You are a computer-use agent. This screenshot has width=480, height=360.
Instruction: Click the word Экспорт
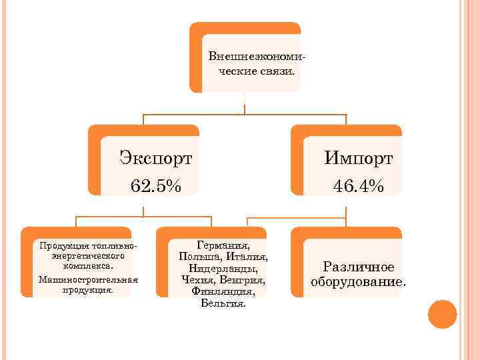(156, 159)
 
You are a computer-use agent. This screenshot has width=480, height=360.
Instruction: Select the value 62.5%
(156, 185)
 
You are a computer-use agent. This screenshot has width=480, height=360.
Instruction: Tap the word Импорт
(359, 159)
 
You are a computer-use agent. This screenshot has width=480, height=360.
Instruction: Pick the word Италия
(246, 257)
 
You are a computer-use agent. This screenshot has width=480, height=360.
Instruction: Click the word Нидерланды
(223, 268)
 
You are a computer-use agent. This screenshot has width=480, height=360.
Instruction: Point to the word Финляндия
(223, 291)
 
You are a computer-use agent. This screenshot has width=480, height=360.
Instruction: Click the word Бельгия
(223, 303)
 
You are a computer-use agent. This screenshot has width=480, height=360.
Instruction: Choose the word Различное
(359, 267)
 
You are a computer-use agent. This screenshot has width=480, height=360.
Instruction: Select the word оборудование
(357, 281)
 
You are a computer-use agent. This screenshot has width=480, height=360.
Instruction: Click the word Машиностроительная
(88, 279)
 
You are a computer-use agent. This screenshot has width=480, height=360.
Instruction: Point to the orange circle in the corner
(442, 314)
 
